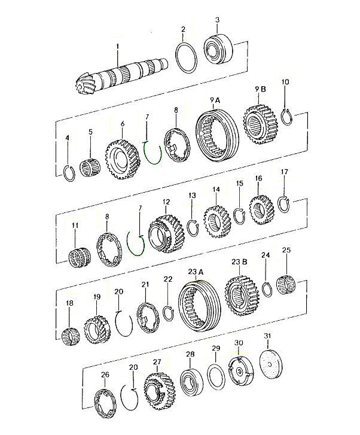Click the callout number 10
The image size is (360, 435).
[285, 82]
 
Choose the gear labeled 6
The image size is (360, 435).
[123, 159]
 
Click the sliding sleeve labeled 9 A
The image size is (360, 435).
[217, 135]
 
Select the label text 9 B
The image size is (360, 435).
[260, 89]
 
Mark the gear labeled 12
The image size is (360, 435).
[166, 233]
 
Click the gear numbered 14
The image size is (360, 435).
[217, 221]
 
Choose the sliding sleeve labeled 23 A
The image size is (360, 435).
[199, 306]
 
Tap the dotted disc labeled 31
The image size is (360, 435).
[271, 364]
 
